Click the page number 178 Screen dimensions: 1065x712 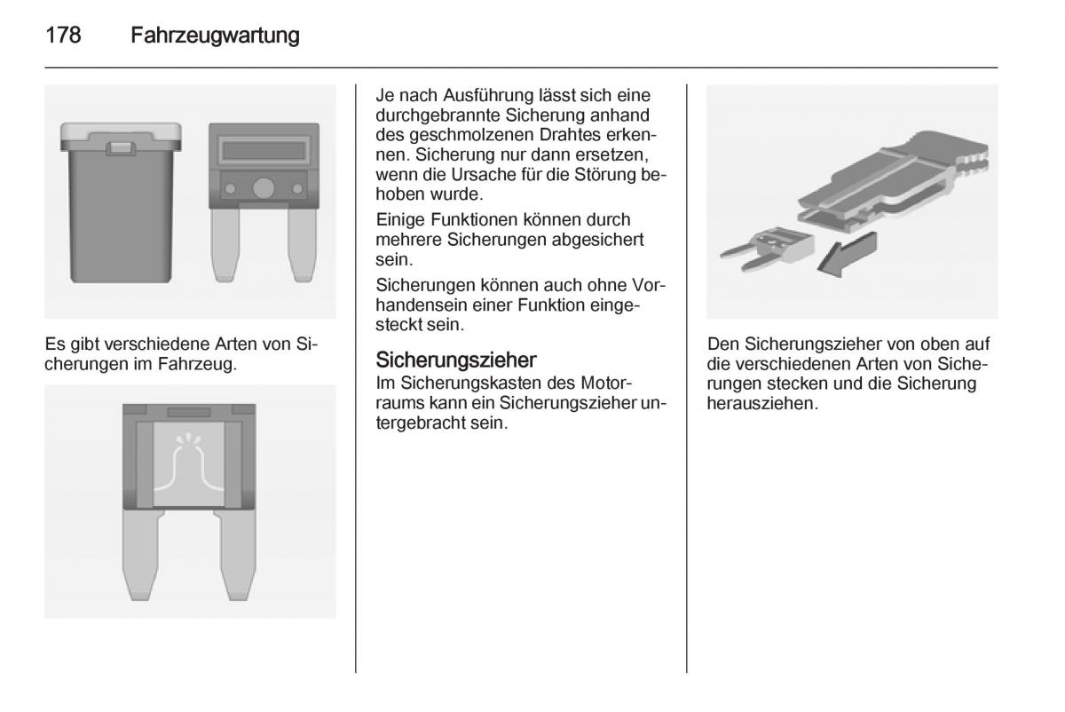point(63,36)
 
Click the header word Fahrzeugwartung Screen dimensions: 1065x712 point(215,36)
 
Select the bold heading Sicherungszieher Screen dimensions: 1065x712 point(456,360)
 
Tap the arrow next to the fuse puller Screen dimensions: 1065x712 point(848,254)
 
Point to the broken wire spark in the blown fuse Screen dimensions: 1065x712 point(189,439)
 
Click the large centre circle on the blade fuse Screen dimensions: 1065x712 point(264,188)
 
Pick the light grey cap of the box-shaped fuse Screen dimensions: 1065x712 point(121,138)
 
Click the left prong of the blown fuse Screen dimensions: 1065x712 point(141,555)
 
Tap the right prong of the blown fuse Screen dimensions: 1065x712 point(235,555)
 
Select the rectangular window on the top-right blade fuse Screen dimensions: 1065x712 point(264,151)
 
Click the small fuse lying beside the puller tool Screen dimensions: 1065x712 point(766,249)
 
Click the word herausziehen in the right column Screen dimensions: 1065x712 point(762,404)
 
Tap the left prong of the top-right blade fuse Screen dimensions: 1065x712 point(225,243)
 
